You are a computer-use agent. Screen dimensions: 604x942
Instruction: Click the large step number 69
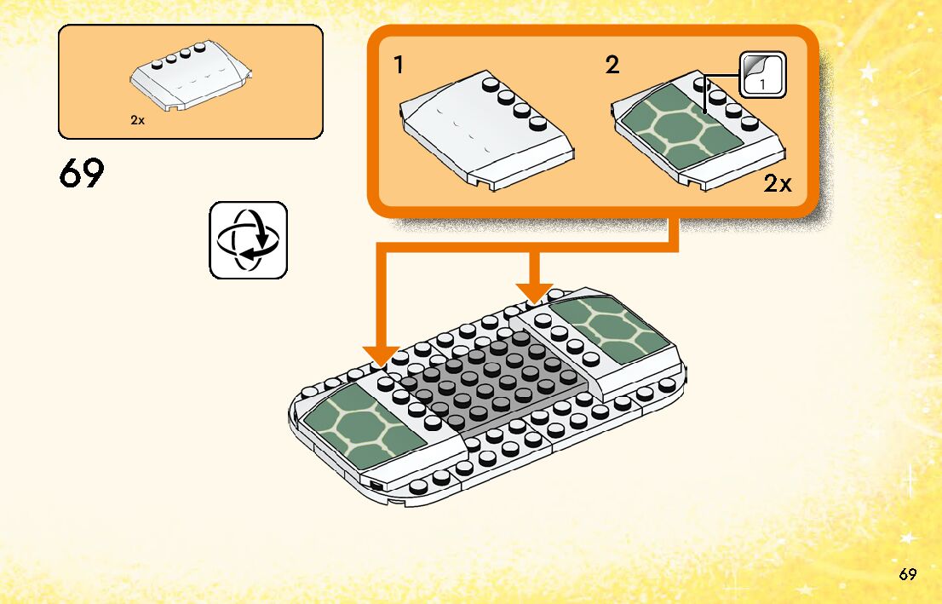(82, 174)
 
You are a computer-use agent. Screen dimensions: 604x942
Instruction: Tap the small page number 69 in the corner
(907, 574)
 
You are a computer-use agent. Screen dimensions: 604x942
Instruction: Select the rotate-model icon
(248, 240)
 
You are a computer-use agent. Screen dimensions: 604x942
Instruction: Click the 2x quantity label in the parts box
(138, 120)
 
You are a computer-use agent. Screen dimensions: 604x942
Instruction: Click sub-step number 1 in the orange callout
(399, 65)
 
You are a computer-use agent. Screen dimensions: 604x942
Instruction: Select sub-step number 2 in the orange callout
(612, 65)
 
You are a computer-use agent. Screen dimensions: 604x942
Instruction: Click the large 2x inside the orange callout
(777, 183)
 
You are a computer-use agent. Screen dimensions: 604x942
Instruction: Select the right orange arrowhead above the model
(534, 290)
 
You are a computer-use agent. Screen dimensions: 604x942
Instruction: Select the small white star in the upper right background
(868, 72)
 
